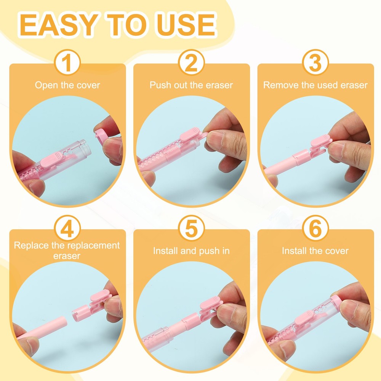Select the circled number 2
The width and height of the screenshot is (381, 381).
[191, 63]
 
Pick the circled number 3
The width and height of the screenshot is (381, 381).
[315, 63]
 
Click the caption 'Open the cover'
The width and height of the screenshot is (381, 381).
[67, 85]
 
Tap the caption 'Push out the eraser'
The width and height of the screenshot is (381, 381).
[191, 85]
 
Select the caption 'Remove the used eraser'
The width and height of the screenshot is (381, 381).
[315, 85]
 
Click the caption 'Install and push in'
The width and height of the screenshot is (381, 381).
[191, 251]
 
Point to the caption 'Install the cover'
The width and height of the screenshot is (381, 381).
[315, 251]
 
